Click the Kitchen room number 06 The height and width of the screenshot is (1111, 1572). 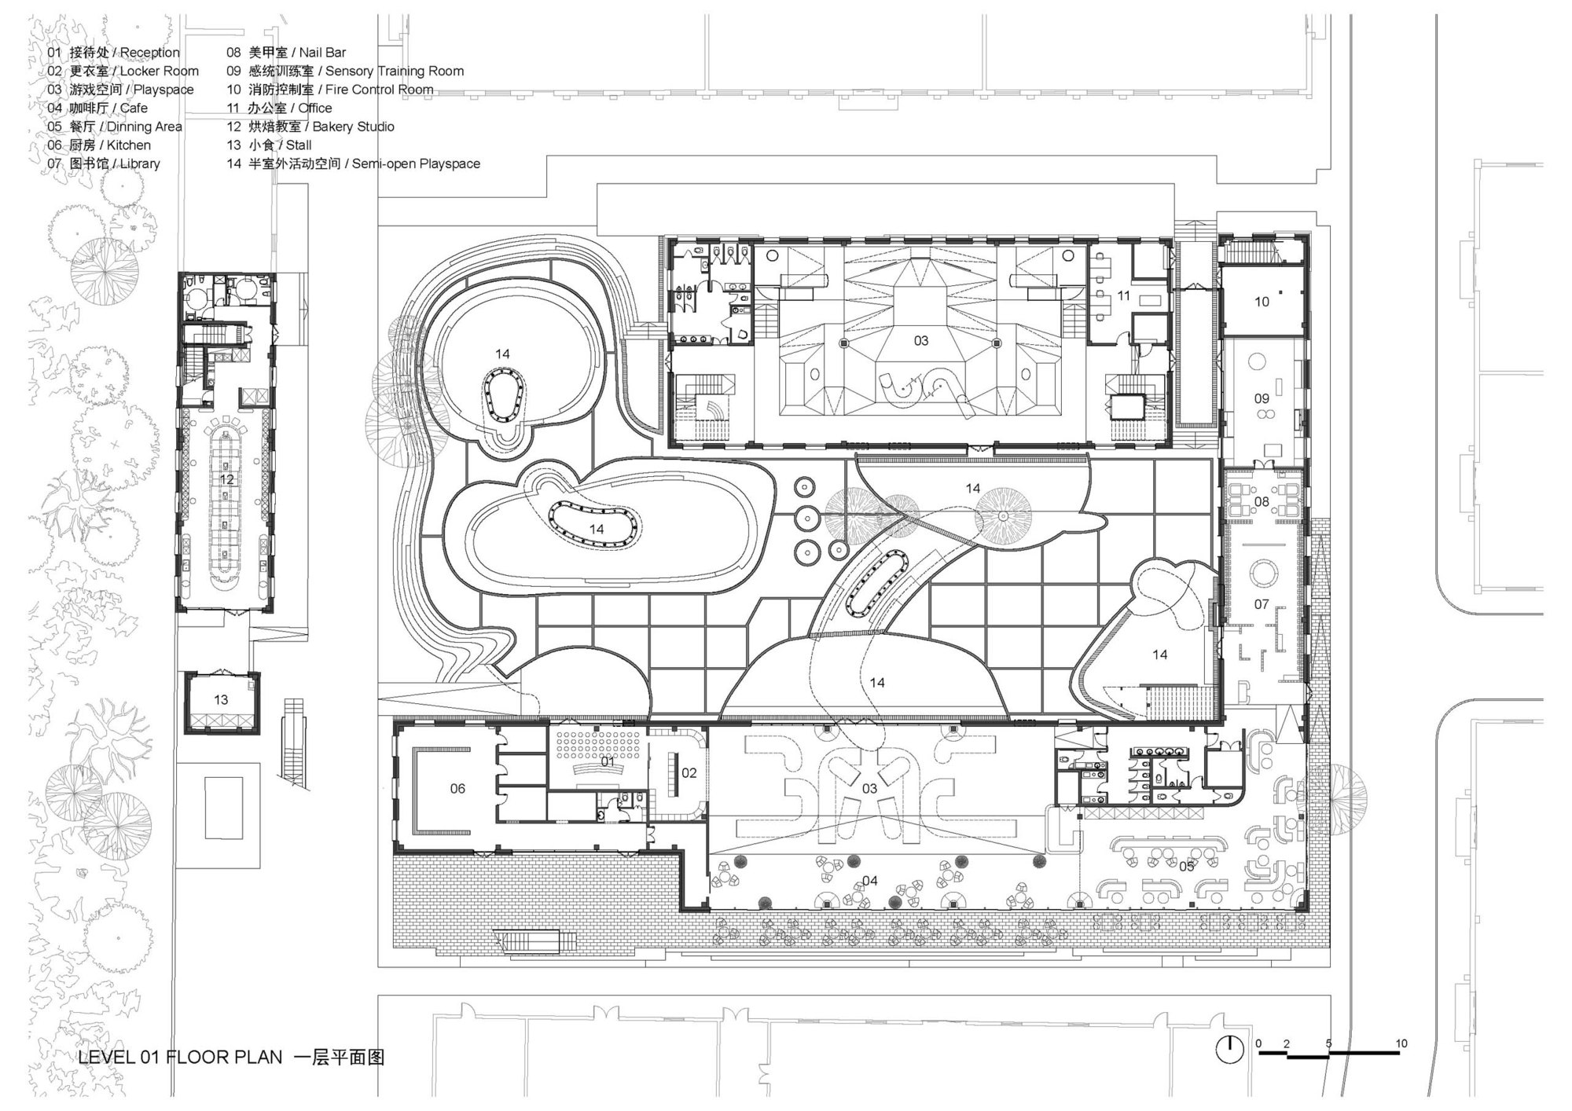[457, 789]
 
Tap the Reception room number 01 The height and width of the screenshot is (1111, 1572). [608, 761]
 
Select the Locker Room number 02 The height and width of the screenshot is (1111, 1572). [689, 773]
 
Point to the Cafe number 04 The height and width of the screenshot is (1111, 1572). [869, 881]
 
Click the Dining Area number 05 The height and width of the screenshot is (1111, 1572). [1186, 866]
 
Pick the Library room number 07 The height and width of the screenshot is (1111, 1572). [1261, 604]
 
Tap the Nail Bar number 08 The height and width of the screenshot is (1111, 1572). [1261, 501]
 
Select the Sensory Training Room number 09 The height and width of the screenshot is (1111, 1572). [1261, 398]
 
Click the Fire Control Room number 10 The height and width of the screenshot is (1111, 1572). [1261, 302]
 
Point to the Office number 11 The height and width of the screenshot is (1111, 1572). [1123, 296]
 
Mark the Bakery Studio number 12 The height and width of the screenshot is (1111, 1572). [226, 479]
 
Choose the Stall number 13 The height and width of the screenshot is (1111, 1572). [221, 699]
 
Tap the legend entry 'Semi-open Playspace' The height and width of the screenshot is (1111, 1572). [416, 163]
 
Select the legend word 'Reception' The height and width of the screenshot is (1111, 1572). [149, 53]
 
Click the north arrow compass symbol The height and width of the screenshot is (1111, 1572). [1229, 1050]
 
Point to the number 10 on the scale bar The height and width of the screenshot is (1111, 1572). [1401, 1043]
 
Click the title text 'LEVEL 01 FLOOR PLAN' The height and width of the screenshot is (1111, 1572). [180, 1058]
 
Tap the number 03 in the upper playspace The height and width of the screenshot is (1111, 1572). [920, 341]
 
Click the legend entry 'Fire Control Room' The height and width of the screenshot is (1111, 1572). [379, 90]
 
